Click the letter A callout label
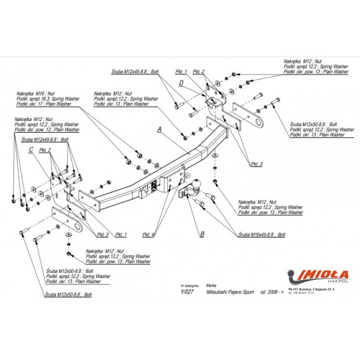tap(159, 130)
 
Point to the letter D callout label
tap(181, 82)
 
